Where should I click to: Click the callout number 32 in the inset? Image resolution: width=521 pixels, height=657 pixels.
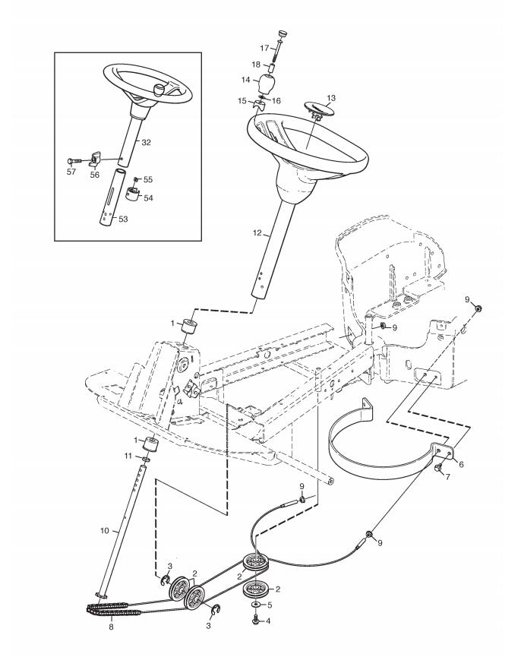pos(146,143)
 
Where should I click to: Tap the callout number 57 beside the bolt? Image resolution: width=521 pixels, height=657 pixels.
pos(71,172)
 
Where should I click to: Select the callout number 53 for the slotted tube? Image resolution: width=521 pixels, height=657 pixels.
pos(123,220)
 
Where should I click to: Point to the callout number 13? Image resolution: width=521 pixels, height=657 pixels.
pos(331,99)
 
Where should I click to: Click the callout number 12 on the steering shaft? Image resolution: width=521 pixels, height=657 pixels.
pos(257,233)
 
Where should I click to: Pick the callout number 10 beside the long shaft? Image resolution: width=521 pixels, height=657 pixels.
pos(104,531)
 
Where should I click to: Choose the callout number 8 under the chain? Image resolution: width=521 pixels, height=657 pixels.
pos(111,627)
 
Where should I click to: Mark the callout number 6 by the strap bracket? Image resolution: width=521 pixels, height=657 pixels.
pos(461,464)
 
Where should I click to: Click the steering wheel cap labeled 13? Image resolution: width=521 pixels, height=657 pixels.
pos(318,109)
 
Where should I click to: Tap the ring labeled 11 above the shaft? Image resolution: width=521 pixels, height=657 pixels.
pos(145,460)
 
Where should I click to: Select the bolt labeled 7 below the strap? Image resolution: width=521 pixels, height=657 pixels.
pos(438,468)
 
